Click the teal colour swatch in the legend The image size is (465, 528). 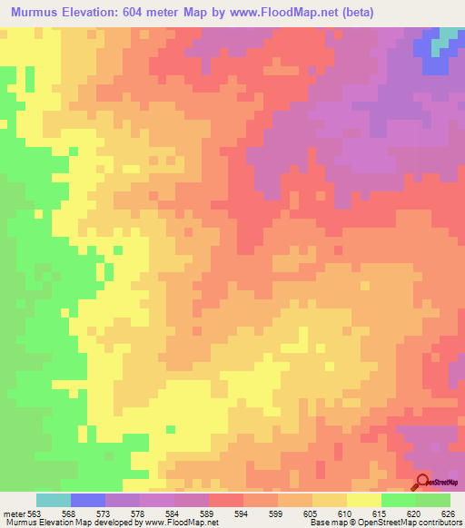[54, 500]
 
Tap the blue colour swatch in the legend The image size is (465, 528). [88, 500]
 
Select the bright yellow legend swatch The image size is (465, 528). [364, 500]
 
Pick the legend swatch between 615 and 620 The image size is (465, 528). [399, 500]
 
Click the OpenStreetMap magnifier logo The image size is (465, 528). [423, 481]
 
